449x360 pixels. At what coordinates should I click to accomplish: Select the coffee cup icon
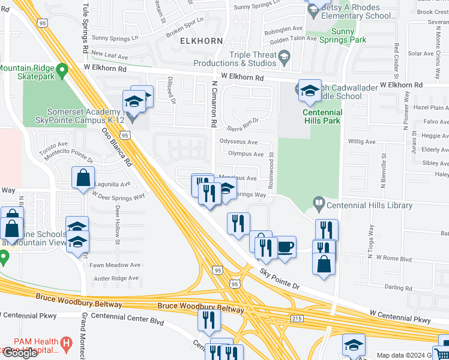tap(285, 247)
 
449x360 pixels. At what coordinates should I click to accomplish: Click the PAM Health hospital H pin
tap(67, 342)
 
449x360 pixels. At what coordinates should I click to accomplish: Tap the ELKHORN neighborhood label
tap(201, 41)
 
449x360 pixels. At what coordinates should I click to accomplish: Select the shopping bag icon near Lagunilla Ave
tap(82, 178)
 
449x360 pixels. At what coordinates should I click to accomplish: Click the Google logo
tap(19, 353)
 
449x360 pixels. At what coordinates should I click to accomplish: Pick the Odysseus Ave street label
tap(239, 142)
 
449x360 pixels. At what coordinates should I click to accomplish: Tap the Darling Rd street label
tap(398, 288)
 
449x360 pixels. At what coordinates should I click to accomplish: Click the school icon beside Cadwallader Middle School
tap(310, 91)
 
